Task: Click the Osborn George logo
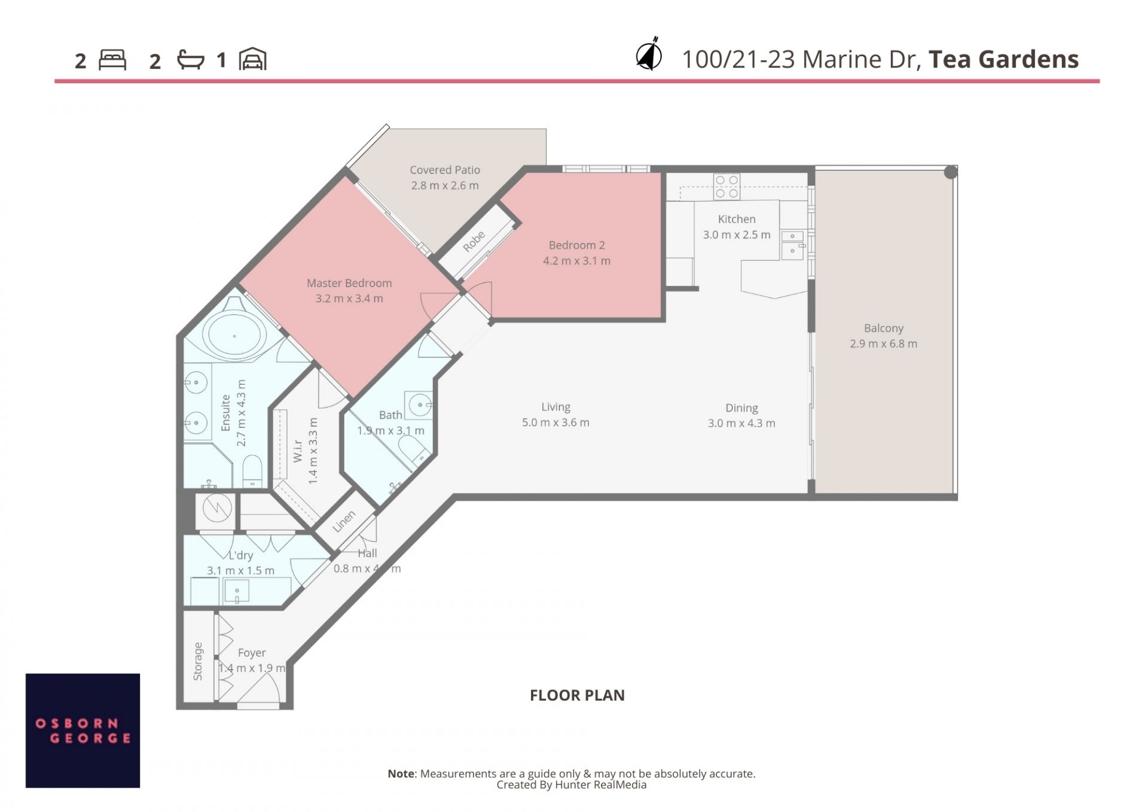pyautogui.click(x=83, y=730)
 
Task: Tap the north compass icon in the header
pyautogui.click(x=649, y=54)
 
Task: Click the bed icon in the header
pyautogui.click(x=112, y=60)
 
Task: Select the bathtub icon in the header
pyautogui.click(x=191, y=59)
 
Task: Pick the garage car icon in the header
pyautogui.click(x=253, y=59)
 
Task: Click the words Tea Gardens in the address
pyautogui.click(x=1003, y=59)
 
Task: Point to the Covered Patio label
pyautogui.click(x=445, y=170)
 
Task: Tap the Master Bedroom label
pyautogui.click(x=349, y=283)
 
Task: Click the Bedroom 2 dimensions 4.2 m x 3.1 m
pyautogui.click(x=576, y=261)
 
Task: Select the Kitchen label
pyautogui.click(x=737, y=219)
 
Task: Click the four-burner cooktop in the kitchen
pyautogui.click(x=726, y=187)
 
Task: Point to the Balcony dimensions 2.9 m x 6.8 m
pyautogui.click(x=883, y=343)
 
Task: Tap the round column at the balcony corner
pyautogui.click(x=951, y=172)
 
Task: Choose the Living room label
pyautogui.click(x=555, y=407)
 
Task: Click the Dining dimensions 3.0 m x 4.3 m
pyautogui.click(x=741, y=423)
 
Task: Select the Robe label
pyautogui.click(x=474, y=241)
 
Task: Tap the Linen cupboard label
pyautogui.click(x=344, y=521)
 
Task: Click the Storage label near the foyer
pyautogui.click(x=198, y=661)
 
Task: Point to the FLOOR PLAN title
pyautogui.click(x=577, y=695)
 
